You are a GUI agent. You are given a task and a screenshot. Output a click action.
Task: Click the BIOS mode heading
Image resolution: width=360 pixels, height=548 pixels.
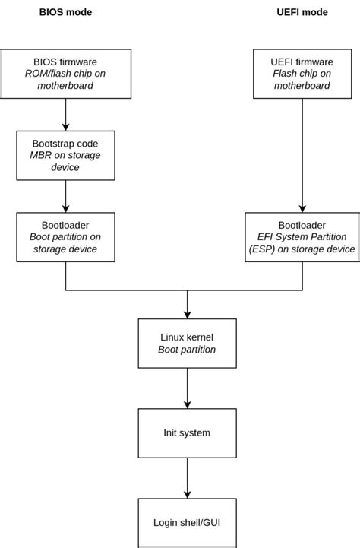coord(65,12)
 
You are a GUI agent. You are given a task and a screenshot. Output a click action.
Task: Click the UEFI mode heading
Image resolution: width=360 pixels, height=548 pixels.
coord(302,12)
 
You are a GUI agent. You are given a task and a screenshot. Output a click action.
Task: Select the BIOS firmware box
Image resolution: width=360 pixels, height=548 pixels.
coord(65,74)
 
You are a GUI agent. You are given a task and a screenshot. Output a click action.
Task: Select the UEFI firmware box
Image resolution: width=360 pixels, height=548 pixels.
coord(302,74)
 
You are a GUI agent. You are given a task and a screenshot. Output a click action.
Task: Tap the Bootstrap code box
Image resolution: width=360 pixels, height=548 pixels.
coord(65,155)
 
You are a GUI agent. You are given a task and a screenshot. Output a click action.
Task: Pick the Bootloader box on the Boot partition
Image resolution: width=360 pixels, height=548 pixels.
coord(65,237)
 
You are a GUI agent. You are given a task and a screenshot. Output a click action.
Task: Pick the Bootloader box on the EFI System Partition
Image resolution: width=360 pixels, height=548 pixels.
coord(302,237)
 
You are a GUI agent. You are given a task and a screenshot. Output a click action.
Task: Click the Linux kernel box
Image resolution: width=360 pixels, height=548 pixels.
coord(187,344)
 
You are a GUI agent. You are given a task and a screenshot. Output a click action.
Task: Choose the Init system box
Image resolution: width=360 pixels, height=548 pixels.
coord(187,433)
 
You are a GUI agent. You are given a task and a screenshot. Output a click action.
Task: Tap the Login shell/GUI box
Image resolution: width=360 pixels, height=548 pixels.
coord(187,523)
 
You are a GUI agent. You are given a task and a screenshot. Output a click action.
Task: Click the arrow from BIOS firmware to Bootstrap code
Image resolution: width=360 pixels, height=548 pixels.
coord(65,114)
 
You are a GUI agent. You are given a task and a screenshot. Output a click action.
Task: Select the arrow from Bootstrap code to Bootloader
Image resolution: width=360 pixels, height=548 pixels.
coord(65,196)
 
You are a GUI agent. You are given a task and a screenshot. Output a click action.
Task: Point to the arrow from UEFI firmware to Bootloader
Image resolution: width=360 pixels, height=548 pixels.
coord(302,155)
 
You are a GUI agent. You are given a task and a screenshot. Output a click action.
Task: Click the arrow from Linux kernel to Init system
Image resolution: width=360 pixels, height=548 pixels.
coord(187,388)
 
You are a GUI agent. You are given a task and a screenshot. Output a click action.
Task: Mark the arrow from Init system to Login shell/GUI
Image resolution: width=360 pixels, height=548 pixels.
coord(187,478)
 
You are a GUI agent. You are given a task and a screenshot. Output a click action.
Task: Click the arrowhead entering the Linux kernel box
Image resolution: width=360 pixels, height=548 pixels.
coord(187,314)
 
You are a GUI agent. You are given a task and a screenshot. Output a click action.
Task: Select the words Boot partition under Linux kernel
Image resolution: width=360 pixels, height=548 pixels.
coord(187,350)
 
